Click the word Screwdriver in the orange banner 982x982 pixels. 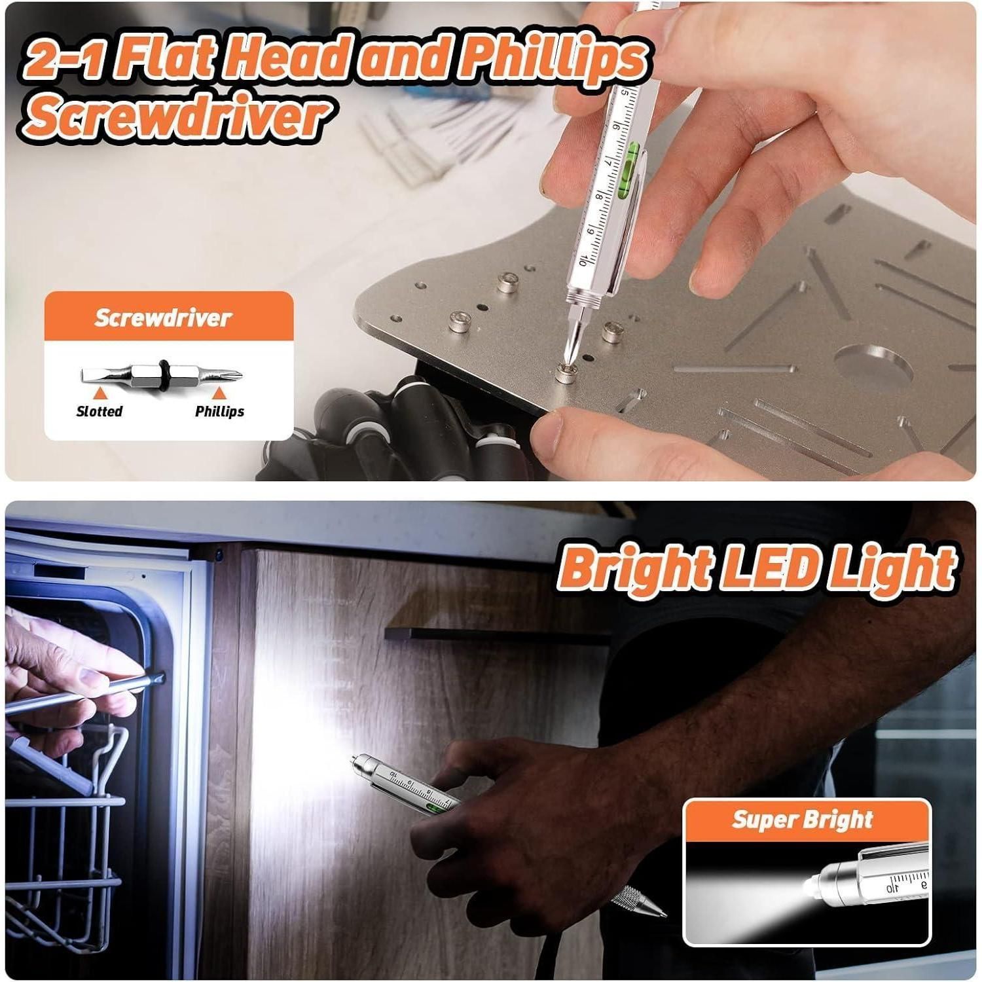pyautogui.click(x=163, y=318)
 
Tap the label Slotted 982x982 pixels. pyautogui.click(x=100, y=411)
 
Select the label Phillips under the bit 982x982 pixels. pyautogui.click(x=219, y=411)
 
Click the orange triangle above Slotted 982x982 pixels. pyautogui.click(x=100, y=393)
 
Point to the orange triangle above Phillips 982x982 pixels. pyautogui.click(x=219, y=393)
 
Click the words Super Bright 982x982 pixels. pyautogui.click(x=803, y=820)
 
